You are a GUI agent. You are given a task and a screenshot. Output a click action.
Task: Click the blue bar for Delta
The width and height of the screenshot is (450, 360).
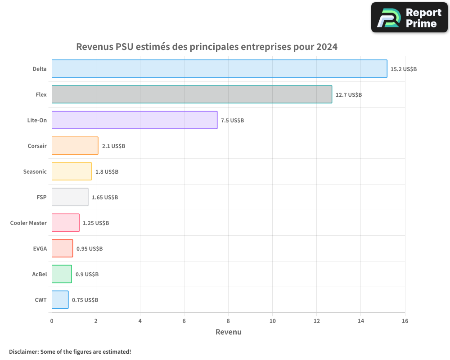[219, 69]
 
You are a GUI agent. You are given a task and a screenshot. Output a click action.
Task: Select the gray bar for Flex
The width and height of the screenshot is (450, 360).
[192, 94]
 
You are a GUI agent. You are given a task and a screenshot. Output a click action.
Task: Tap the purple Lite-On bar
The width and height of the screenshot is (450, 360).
[135, 120]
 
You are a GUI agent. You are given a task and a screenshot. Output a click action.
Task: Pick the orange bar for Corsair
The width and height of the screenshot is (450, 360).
[75, 146]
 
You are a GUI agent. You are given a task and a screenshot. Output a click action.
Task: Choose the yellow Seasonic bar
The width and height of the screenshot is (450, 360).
[72, 171]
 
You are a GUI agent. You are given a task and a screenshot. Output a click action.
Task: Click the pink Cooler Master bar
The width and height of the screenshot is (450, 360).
[66, 223]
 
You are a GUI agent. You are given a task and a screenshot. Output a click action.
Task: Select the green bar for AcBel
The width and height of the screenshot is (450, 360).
[62, 274]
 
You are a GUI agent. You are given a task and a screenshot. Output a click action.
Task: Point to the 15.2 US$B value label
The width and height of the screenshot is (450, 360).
[404, 69]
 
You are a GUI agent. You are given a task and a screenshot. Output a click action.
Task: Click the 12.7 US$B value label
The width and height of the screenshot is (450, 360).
[349, 95]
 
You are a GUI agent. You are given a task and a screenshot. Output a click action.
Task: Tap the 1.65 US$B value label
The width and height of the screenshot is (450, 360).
[105, 198]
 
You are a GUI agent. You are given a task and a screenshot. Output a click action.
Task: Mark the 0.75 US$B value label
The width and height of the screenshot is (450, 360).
[85, 300]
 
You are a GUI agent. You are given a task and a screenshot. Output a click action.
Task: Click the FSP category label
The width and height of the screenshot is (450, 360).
[41, 197]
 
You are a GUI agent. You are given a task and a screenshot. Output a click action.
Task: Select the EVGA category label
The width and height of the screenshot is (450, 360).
[40, 248]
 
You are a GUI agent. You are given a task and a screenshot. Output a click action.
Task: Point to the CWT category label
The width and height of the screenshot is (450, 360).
[40, 300]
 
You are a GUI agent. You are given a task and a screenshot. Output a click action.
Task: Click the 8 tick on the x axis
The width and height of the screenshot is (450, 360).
[228, 321]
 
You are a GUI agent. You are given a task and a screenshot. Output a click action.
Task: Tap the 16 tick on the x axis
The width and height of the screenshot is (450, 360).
[405, 321]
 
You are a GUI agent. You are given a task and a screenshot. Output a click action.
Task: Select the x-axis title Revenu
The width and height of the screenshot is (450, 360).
[228, 332]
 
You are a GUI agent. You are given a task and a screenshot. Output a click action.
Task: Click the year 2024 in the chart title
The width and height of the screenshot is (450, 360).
[327, 47]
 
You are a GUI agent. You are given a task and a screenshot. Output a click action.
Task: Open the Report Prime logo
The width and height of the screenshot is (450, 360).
[409, 18]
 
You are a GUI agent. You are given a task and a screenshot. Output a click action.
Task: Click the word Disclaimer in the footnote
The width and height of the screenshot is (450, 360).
[23, 351]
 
